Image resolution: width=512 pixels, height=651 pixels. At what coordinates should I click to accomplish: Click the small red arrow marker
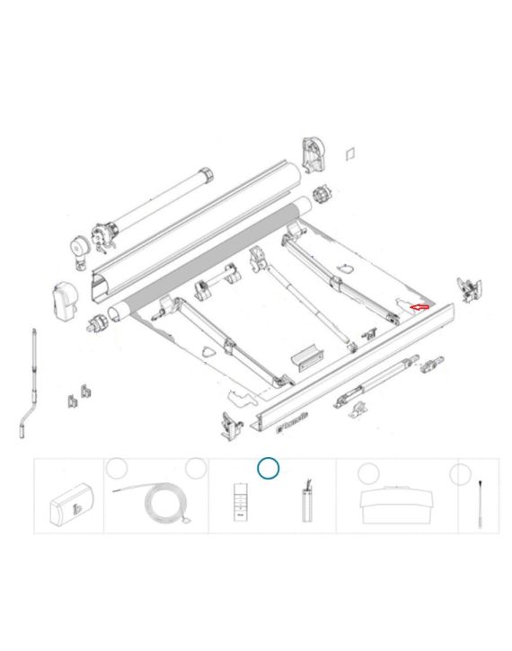(x=419, y=307)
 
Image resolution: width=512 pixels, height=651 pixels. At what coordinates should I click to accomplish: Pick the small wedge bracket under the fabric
(x=305, y=356)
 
